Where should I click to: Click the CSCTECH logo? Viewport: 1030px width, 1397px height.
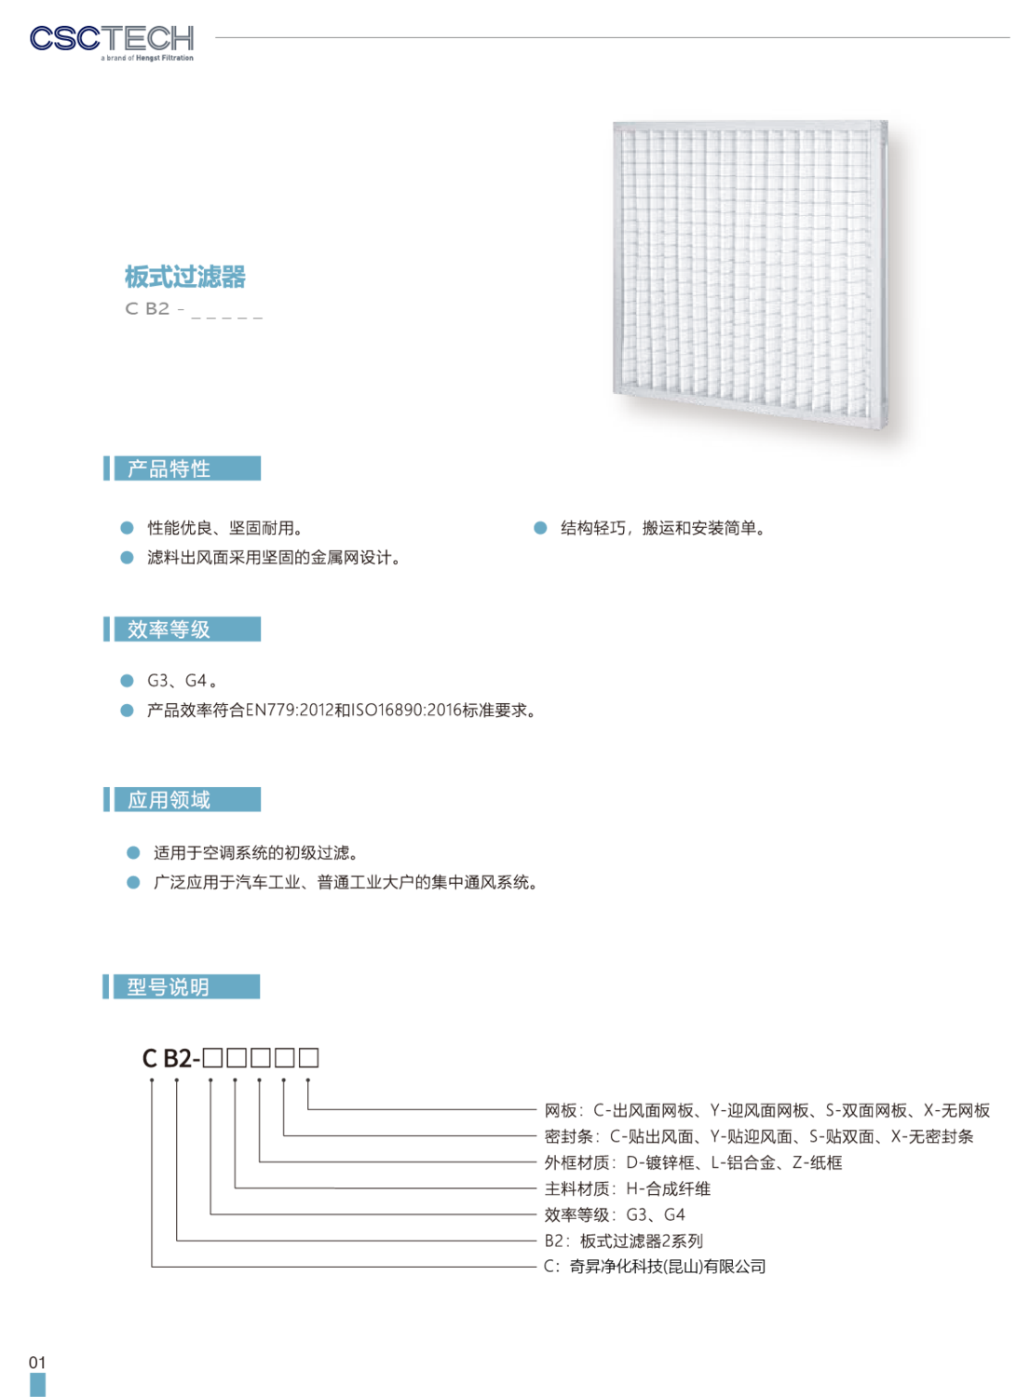112,43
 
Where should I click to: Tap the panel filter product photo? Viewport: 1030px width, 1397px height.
751,274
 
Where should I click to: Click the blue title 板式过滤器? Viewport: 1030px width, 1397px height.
185,277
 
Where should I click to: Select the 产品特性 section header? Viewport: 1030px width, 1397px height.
182,468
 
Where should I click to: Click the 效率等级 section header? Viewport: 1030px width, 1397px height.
182,629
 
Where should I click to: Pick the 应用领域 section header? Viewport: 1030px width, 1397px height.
182,799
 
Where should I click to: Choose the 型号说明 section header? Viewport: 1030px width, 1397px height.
181,986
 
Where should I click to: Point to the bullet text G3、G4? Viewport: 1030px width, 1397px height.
182,681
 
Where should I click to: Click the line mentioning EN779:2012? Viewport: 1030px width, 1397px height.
343,710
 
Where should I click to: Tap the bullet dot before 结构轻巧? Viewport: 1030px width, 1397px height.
540,528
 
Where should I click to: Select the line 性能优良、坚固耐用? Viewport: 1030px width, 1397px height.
225,528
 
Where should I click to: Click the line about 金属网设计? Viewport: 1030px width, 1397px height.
274,557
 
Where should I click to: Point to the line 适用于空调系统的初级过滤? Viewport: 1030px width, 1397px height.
255,852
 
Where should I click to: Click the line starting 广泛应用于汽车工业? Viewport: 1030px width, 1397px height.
346,882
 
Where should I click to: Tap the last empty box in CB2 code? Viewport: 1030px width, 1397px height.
308,1058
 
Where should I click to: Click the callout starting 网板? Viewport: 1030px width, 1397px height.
766,1110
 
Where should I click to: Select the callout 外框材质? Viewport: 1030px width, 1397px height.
693,1162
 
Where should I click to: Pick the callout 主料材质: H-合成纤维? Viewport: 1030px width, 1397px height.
628,1188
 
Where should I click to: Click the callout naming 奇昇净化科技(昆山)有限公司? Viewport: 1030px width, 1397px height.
655,1267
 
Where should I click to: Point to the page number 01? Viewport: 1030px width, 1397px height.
37,1362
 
